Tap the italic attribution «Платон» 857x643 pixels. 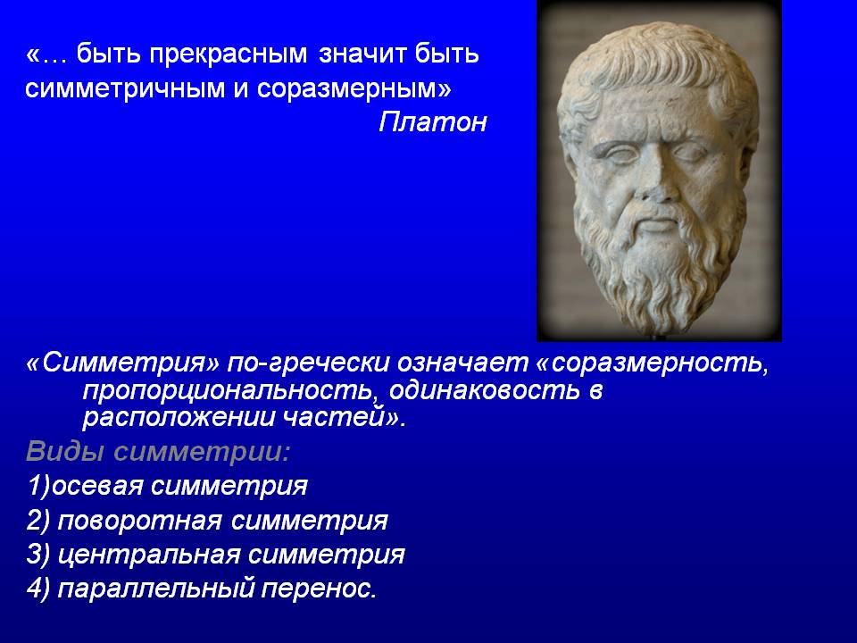[x=433, y=121]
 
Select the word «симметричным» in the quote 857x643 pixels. [x=125, y=88]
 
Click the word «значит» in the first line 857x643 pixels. [x=362, y=54]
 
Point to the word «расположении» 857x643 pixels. [x=179, y=418]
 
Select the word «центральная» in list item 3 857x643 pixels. [x=149, y=555]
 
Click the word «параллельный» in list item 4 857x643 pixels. [x=155, y=589]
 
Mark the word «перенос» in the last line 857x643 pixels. [x=316, y=589]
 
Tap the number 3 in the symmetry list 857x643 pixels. [x=34, y=555]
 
